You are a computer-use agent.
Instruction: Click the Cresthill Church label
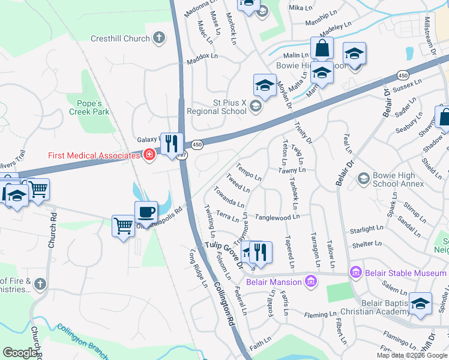(x=120, y=39)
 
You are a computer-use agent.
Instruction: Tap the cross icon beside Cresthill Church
(x=158, y=39)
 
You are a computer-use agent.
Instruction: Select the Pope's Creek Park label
(x=88, y=106)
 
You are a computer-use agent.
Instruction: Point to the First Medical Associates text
(x=94, y=156)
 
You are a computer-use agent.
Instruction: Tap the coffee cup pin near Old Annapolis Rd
(x=146, y=212)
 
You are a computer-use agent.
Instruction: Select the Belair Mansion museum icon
(x=310, y=281)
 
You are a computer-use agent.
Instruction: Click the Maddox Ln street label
(x=202, y=56)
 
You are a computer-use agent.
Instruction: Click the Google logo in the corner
(x=20, y=353)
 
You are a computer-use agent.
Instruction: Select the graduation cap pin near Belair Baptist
(x=420, y=304)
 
